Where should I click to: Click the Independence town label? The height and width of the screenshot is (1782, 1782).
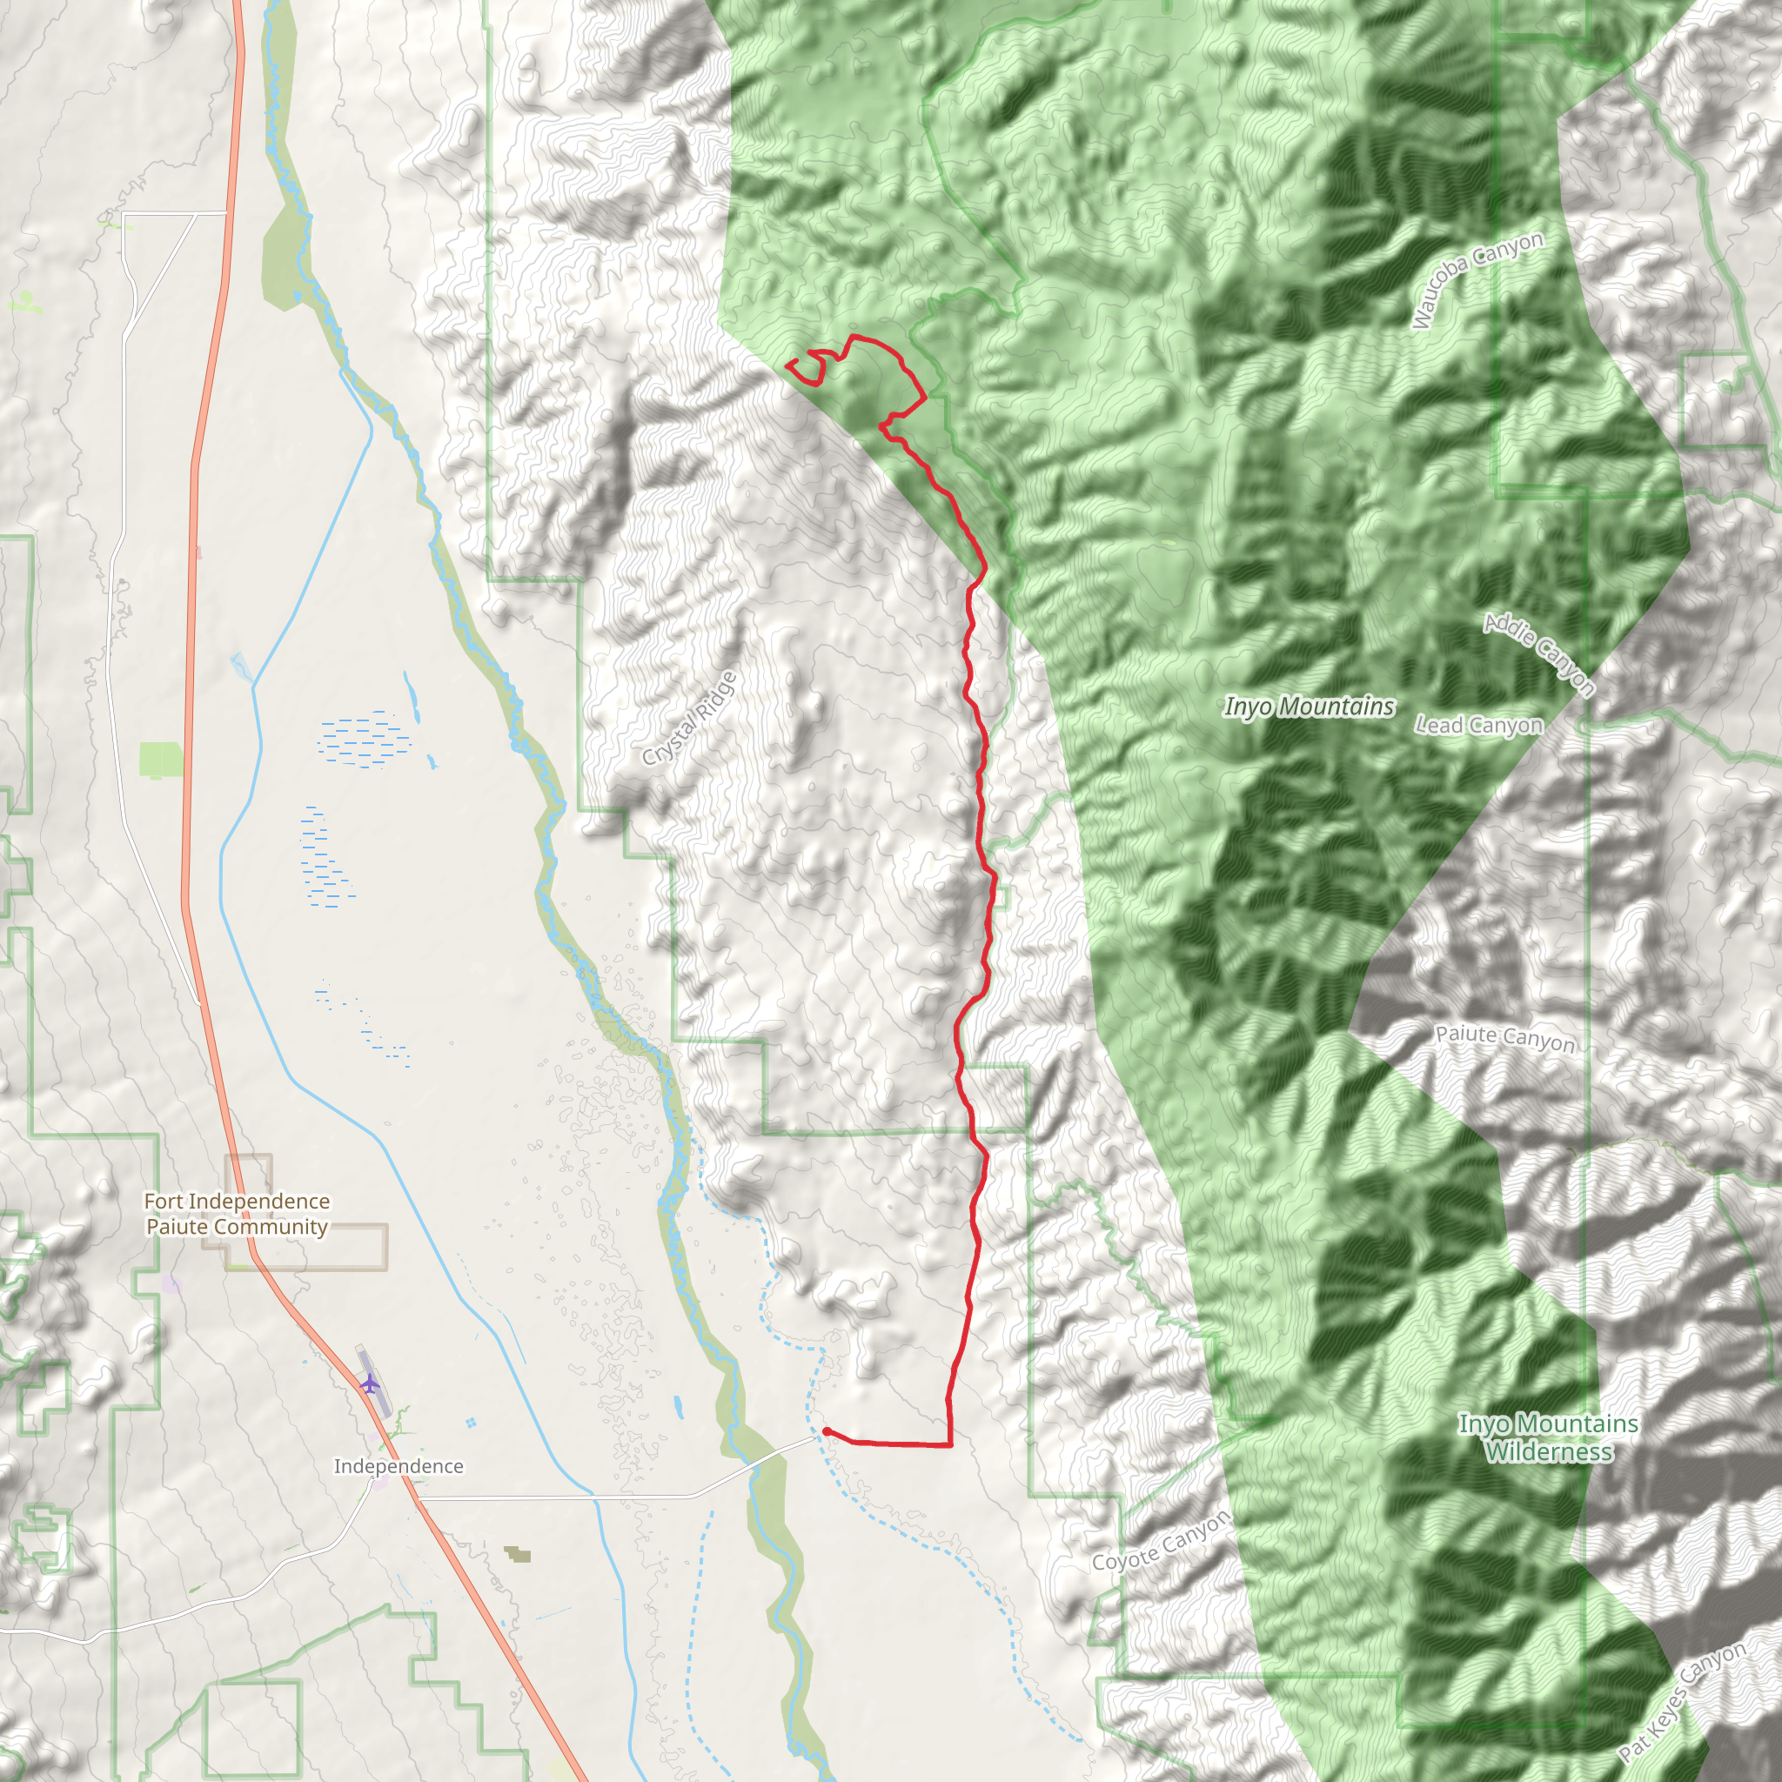point(399,1466)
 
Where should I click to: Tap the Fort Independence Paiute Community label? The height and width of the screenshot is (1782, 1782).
point(237,1214)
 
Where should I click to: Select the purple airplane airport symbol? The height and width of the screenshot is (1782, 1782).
point(370,1383)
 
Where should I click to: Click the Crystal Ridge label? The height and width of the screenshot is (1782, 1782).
point(690,719)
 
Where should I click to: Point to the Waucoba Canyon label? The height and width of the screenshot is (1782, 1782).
point(1477,279)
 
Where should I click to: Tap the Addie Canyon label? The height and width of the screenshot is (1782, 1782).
point(1538,653)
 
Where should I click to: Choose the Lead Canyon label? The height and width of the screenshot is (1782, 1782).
point(1478,725)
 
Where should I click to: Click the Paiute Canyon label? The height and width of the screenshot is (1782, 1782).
point(1504,1038)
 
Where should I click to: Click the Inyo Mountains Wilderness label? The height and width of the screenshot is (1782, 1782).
point(1549,1437)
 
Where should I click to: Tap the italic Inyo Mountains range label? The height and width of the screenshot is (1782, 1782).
point(1309,707)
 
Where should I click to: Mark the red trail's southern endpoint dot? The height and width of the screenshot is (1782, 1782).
point(827,1431)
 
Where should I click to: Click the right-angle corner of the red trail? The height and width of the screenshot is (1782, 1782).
point(950,1444)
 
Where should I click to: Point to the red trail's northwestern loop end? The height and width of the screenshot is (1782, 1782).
point(787,365)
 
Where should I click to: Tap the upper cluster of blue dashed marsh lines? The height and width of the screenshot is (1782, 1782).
point(365,740)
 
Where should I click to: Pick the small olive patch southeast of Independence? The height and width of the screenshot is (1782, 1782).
point(518,1555)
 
